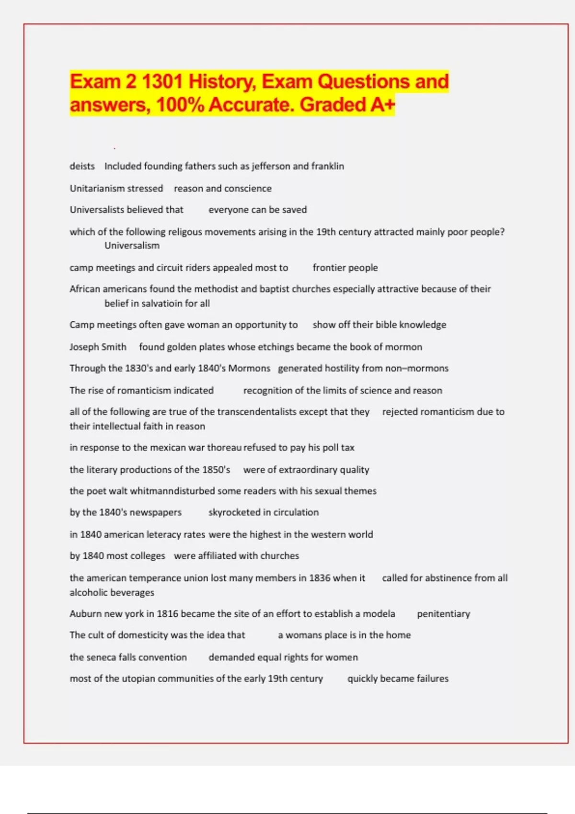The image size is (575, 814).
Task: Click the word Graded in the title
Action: [333, 104]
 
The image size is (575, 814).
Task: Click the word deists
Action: [82, 166]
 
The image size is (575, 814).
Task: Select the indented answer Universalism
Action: [132, 245]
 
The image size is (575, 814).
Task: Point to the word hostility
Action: [342, 368]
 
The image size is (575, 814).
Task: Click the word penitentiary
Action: [443, 613]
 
